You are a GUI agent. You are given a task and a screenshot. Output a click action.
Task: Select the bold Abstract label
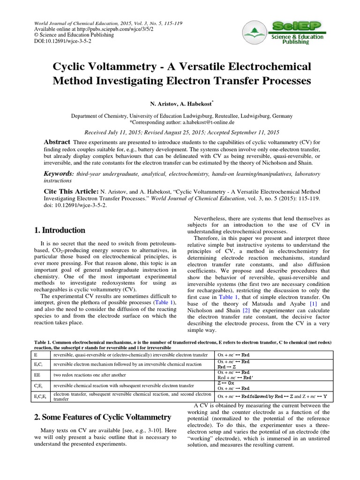57,142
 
